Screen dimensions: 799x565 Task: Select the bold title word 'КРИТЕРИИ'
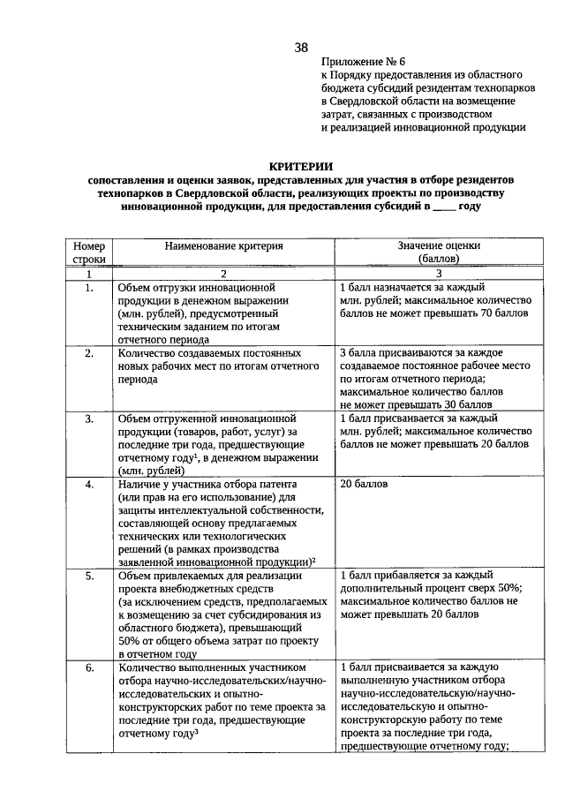tap(300, 165)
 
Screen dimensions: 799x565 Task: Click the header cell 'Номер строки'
tap(89, 253)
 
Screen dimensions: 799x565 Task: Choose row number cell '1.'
tap(89, 288)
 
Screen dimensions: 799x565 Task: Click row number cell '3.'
tap(89, 418)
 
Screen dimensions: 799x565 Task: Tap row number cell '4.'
tap(89, 485)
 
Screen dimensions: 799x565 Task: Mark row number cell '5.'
tap(89, 576)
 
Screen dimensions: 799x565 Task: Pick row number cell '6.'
tap(89, 668)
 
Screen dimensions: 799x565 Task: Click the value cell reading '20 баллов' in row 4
tap(363, 485)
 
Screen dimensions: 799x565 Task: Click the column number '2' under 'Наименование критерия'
tap(223, 274)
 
